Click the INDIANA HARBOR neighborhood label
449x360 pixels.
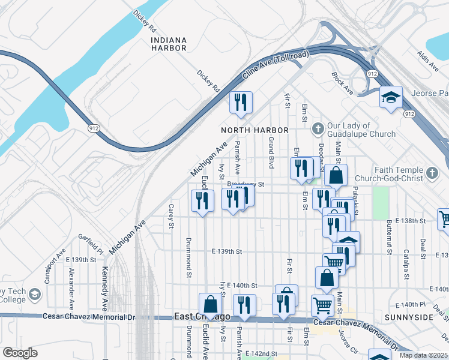coord(169,44)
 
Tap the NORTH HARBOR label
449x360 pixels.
coord(255,130)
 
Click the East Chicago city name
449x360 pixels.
coord(202,316)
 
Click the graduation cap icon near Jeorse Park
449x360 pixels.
coord(391,97)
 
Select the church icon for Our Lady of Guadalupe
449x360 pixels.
coord(318,126)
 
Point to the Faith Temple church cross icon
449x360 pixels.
coord(431,174)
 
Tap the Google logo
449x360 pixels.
coord(20,353)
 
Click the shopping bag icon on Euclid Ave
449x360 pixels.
coord(211,304)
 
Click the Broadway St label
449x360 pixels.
coord(246,184)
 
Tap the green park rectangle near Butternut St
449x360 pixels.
coord(380,203)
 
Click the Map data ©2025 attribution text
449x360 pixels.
coord(423,355)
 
